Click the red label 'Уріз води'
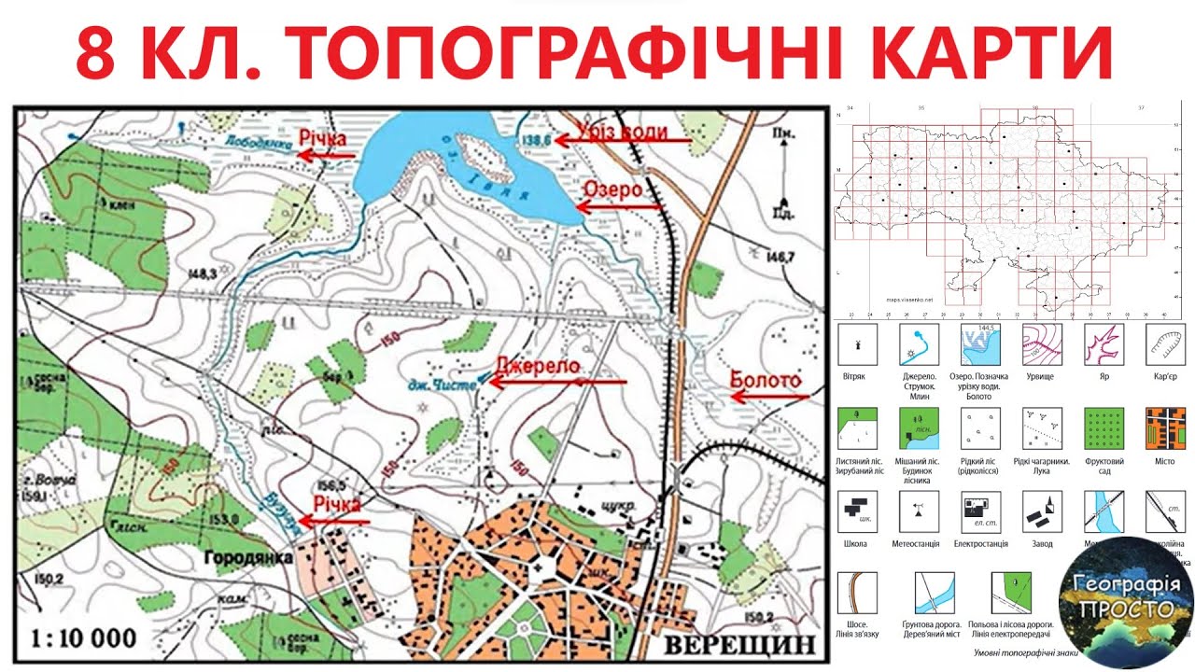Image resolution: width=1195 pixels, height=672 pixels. click(622, 132)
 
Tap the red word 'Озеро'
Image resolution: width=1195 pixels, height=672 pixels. click(612, 189)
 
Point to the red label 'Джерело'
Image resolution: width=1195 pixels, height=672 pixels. click(538, 365)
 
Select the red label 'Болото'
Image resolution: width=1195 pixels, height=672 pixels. click(766, 381)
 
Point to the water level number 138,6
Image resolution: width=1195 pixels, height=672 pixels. click(536, 141)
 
